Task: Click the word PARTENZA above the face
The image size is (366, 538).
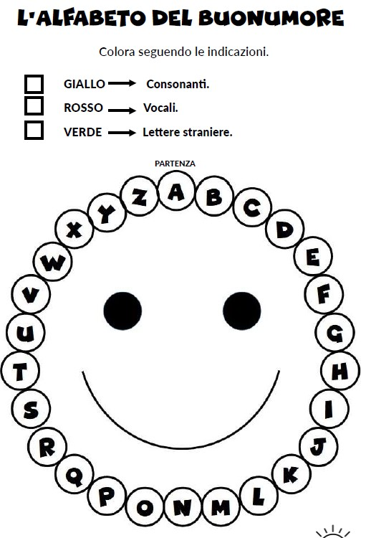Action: tap(175, 164)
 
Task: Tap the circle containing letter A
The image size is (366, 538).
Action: tap(176, 191)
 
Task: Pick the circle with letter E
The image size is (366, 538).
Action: tap(313, 256)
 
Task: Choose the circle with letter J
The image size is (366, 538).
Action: tap(319, 446)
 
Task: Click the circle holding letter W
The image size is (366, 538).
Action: tap(53, 262)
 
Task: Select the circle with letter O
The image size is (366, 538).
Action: tap(145, 507)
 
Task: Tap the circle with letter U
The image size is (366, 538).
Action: tap(25, 332)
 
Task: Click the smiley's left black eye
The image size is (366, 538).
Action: tap(122, 311)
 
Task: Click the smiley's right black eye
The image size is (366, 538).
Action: tap(242, 311)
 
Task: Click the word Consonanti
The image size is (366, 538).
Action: tap(178, 84)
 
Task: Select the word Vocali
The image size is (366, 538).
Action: tap(160, 108)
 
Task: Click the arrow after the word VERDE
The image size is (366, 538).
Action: tap(122, 133)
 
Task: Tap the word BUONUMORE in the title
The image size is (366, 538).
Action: tap(271, 18)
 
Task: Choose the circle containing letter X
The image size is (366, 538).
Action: tap(74, 229)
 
